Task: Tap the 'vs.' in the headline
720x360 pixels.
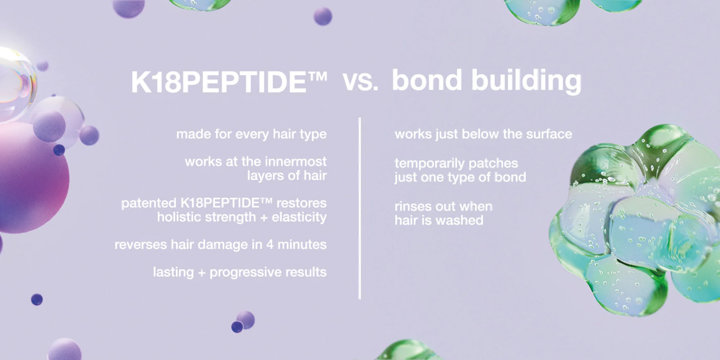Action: [360, 81]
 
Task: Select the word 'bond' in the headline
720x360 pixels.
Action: [427, 80]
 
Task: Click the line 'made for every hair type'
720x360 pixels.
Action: [251, 134]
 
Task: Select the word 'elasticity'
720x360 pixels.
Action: [299, 217]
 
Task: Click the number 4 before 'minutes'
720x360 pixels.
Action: [270, 245]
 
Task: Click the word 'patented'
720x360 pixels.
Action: [149, 203]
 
